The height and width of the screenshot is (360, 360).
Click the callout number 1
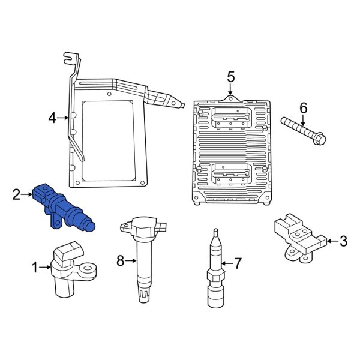click(34, 266)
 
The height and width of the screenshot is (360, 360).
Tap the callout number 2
click(17, 194)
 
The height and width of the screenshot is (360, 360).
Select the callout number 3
click(343, 242)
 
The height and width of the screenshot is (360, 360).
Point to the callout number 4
click(52, 118)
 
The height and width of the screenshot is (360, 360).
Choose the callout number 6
click(303, 109)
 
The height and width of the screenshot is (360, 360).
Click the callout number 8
click(120, 260)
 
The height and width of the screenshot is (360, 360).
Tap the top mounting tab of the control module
click(230, 97)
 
